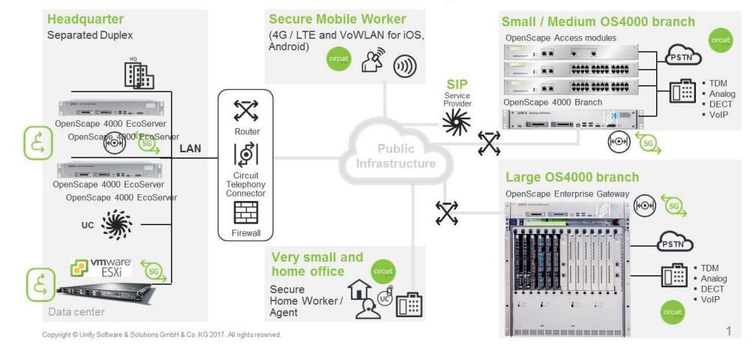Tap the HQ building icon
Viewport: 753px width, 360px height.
tap(140, 73)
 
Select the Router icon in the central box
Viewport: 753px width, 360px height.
tap(245, 110)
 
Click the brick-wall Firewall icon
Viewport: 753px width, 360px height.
tap(245, 214)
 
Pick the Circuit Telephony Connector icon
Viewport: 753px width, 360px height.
tap(245, 154)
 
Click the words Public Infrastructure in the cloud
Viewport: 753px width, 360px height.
tap(395, 156)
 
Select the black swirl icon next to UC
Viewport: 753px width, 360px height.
tap(115, 224)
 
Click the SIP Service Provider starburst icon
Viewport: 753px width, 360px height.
tap(456, 120)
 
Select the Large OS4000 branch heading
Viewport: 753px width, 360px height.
tap(572, 177)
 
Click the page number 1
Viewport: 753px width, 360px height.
tap(728, 331)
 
